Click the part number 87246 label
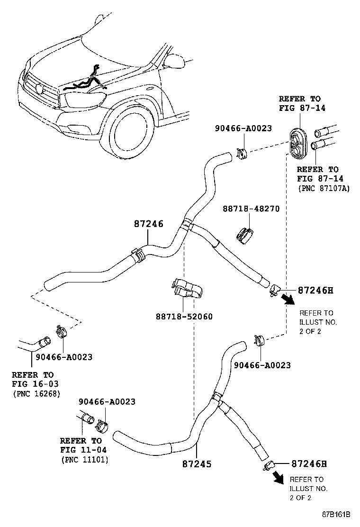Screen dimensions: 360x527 [x=148, y=224]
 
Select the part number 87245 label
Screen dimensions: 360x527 [x=197, y=464]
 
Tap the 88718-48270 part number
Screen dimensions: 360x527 [x=251, y=209]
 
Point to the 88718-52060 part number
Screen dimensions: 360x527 [x=184, y=317]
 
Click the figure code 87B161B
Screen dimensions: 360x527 [x=336, y=514]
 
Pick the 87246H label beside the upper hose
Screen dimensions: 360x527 [x=315, y=290]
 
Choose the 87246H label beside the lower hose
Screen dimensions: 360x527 [x=309, y=464]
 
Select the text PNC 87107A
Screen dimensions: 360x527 [x=324, y=188]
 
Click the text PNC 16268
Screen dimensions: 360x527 [x=36, y=393]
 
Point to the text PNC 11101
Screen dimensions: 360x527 [x=85, y=459]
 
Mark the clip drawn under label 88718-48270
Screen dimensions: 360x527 [x=245, y=235]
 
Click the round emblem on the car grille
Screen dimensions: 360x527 [x=40, y=89]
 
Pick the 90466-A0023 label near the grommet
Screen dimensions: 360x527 [x=243, y=128]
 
